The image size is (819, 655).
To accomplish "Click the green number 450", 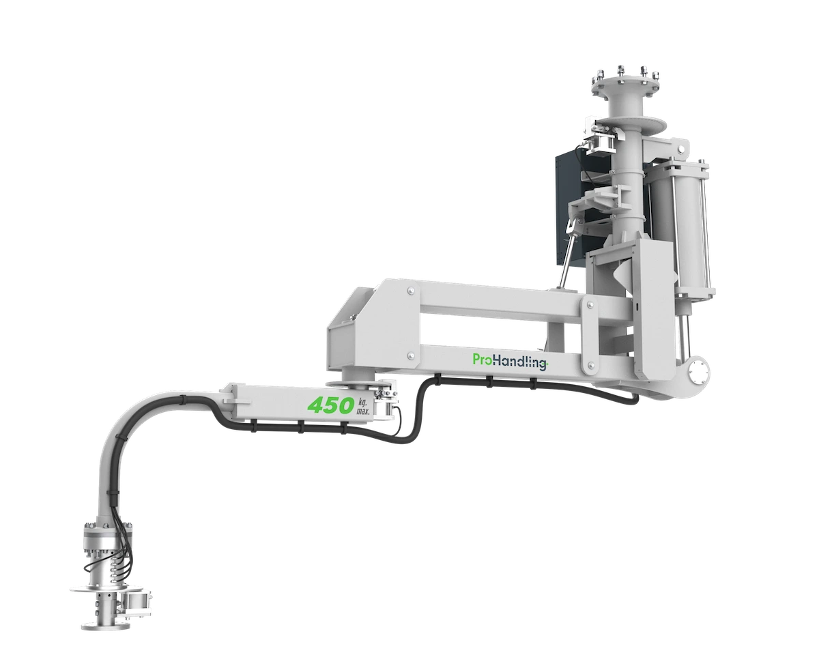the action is pos(330,405).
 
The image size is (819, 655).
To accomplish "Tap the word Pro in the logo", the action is pos(483,360).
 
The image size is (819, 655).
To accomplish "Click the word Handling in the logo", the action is pos(520,362).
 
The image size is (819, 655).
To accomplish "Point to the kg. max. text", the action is pos(362,406).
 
